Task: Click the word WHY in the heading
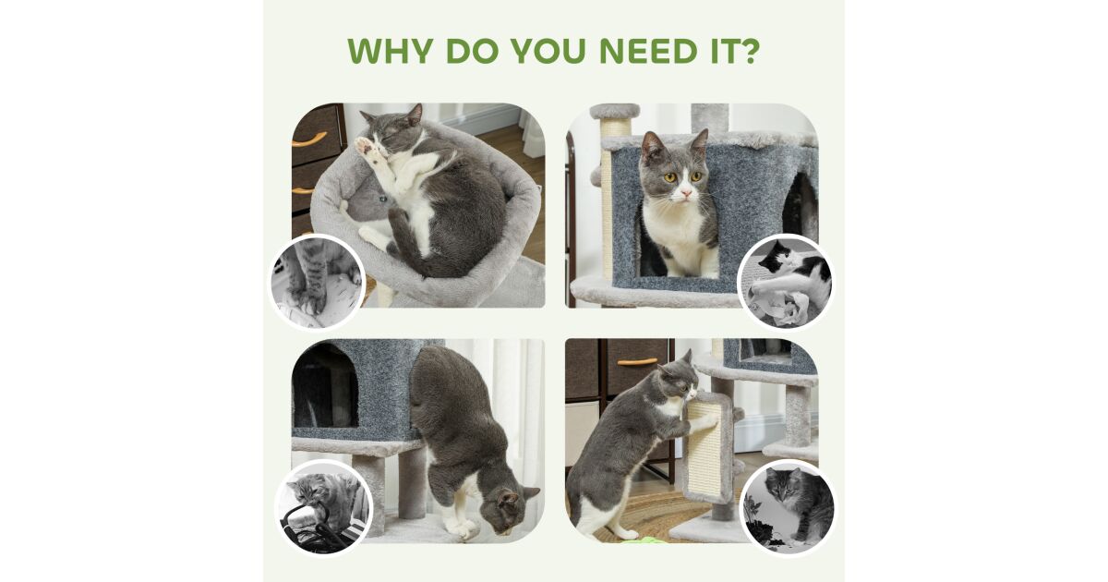coord(391,51)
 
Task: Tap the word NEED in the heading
coord(648,51)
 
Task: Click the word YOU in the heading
coord(548,51)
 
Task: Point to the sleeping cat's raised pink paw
coord(366,147)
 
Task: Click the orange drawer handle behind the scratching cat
coord(637,362)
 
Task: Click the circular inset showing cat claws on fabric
coord(317,282)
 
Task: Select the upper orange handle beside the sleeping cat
coord(309,139)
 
